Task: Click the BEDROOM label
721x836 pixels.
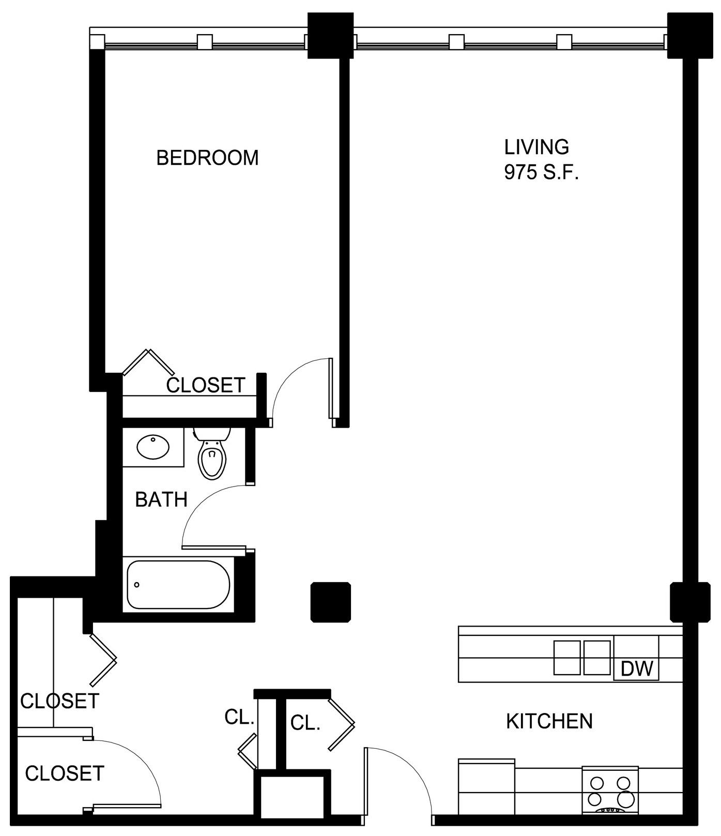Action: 207,158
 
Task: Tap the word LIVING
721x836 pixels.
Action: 536,147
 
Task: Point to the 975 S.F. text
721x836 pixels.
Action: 541,173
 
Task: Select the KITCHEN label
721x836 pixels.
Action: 549,721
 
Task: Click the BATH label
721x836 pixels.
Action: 161,500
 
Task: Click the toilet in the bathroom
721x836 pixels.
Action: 212,453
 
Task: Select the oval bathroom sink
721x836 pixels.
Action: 153,447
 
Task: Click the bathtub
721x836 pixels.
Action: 178,585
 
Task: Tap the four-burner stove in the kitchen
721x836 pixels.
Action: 610,790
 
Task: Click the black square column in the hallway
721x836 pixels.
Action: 331,602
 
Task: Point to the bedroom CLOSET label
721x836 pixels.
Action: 206,385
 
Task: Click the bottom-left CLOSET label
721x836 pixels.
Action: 65,773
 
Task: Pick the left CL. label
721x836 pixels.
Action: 239,717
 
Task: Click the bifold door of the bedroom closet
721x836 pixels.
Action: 149,362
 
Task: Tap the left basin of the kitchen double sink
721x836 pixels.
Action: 567,658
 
